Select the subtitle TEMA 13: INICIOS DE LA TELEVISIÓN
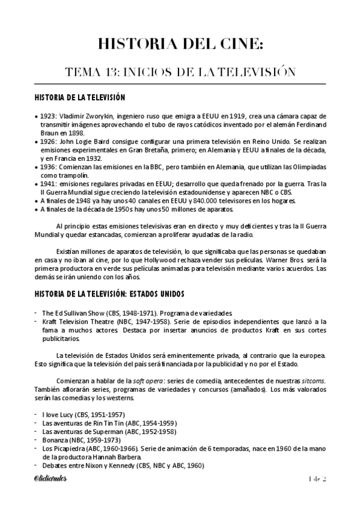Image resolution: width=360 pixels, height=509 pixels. tap(180, 73)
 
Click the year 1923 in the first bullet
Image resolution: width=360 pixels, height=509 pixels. tap(48, 115)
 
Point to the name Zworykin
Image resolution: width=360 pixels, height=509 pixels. tap(95, 115)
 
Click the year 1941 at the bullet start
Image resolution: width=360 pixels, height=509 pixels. tap(48, 183)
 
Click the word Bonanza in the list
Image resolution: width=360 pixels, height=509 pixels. tap(56, 440)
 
